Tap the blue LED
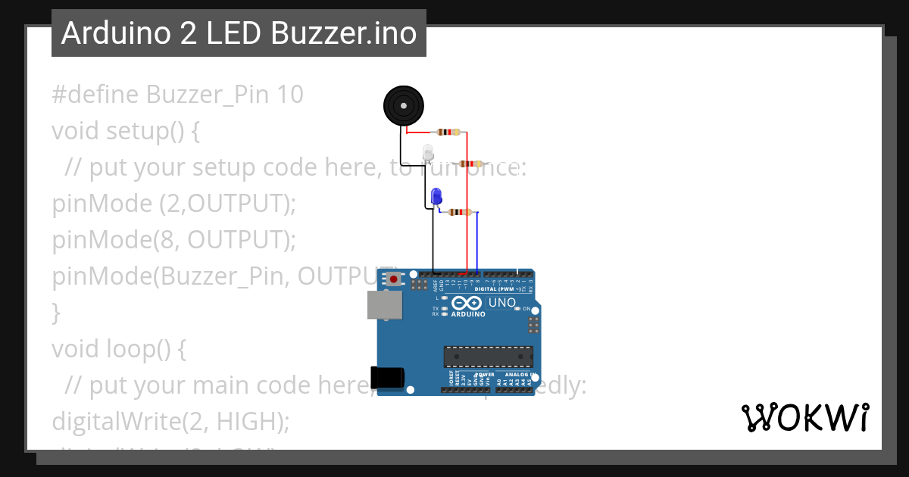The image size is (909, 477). point(436,197)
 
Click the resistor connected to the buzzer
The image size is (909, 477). point(448,132)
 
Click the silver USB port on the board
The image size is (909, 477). point(384,305)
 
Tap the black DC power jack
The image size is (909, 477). point(386,377)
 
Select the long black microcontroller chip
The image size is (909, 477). point(488,356)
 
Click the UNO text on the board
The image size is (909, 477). point(501,303)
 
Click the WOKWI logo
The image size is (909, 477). point(804,417)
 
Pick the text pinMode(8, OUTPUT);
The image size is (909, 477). point(173,240)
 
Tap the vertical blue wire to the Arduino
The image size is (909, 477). point(478,242)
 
